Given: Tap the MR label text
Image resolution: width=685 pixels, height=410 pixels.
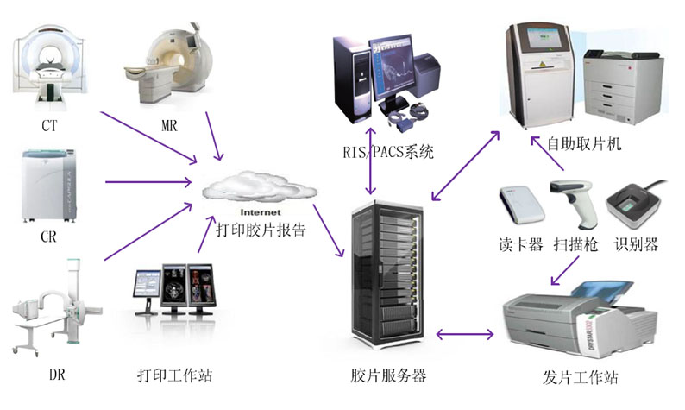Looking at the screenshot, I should click(169, 126).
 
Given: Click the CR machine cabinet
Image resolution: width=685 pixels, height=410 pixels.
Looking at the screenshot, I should click(48, 185).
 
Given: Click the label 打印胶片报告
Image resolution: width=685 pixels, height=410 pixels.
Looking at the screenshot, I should click(260, 230).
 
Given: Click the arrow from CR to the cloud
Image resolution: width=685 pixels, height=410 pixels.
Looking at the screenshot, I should click(148, 181).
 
